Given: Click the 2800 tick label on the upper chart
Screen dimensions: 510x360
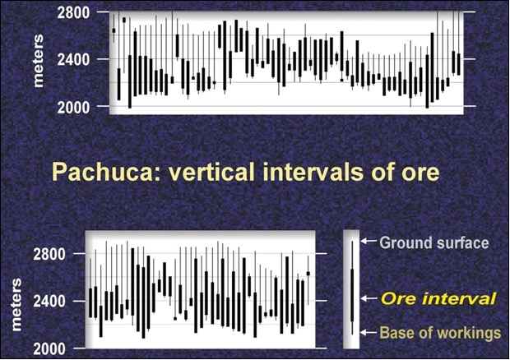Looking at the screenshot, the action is [x=73, y=12].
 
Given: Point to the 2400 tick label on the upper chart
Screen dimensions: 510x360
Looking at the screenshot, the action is [x=73, y=60].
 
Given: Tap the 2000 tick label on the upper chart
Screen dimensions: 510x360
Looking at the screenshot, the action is [x=73, y=107].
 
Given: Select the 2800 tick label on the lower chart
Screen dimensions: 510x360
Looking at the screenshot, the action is [x=49, y=254].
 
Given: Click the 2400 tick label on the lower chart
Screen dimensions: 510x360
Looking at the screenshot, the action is [x=49, y=301].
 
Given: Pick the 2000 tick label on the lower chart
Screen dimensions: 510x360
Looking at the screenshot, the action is [x=49, y=349].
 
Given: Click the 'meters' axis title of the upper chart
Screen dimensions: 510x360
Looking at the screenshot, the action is [x=38, y=61].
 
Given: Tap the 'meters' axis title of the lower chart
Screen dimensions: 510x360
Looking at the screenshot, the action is [x=16, y=304].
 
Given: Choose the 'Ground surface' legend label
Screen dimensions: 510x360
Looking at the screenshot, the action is [x=433, y=243].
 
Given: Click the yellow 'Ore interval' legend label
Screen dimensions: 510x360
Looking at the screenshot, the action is [x=438, y=298].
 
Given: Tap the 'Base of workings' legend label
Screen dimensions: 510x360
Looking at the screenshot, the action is [x=440, y=333].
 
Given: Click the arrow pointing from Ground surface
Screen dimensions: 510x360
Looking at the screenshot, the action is [x=369, y=241].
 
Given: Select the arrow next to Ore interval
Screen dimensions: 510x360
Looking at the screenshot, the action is [x=369, y=298].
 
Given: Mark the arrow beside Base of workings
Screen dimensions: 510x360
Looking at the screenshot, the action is [x=369, y=332].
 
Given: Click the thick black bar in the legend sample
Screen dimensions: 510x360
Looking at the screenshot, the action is [x=352, y=295].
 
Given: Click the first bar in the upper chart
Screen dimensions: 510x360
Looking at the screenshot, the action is [x=114, y=30].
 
